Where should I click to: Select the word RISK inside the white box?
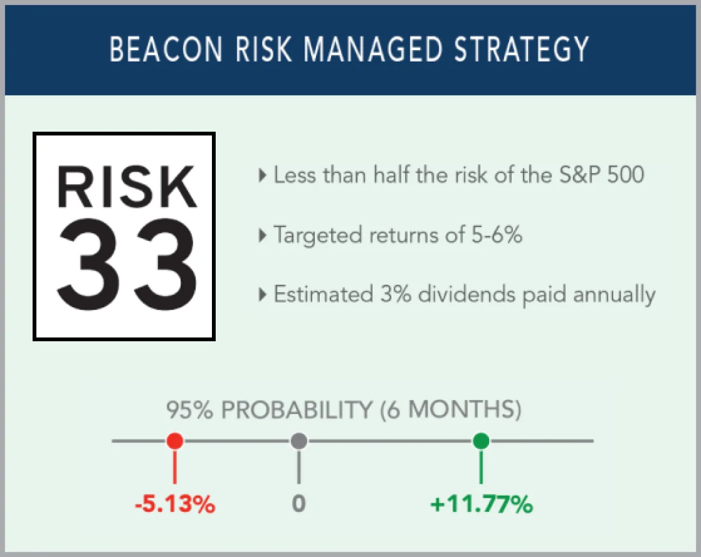coord(127,187)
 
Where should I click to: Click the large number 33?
coord(127,265)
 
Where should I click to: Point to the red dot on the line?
coord(175,441)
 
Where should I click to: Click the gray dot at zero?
coord(299,441)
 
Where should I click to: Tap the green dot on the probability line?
coord(481,441)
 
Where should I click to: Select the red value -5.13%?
coord(175,505)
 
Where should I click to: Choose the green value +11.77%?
coord(481,505)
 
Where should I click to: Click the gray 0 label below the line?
coord(299,504)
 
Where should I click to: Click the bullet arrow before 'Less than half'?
coord(263,175)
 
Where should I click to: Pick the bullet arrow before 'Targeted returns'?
coord(263,235)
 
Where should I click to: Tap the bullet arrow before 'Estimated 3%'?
coord(263,294)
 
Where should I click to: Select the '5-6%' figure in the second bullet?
coord(497,235)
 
